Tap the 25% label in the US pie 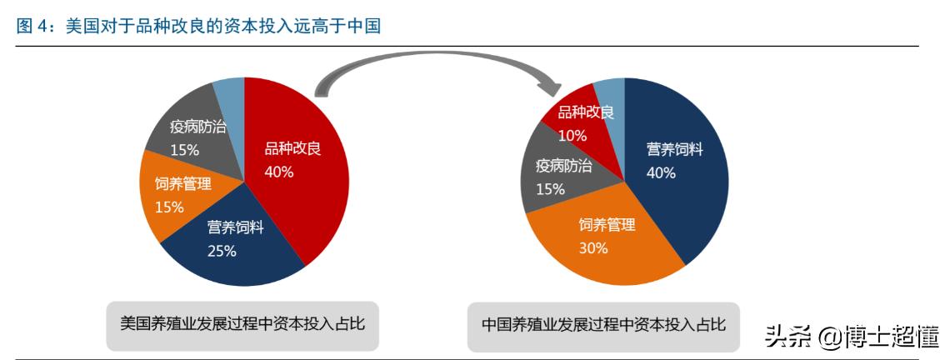pos(222,251)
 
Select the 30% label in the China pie pos(593,247)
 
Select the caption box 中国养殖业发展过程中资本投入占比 pos(603,324)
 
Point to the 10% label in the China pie pos(572,135)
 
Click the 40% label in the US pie pos(279,172)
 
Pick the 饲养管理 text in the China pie pos(607,225)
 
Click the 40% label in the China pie pos(661,172)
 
